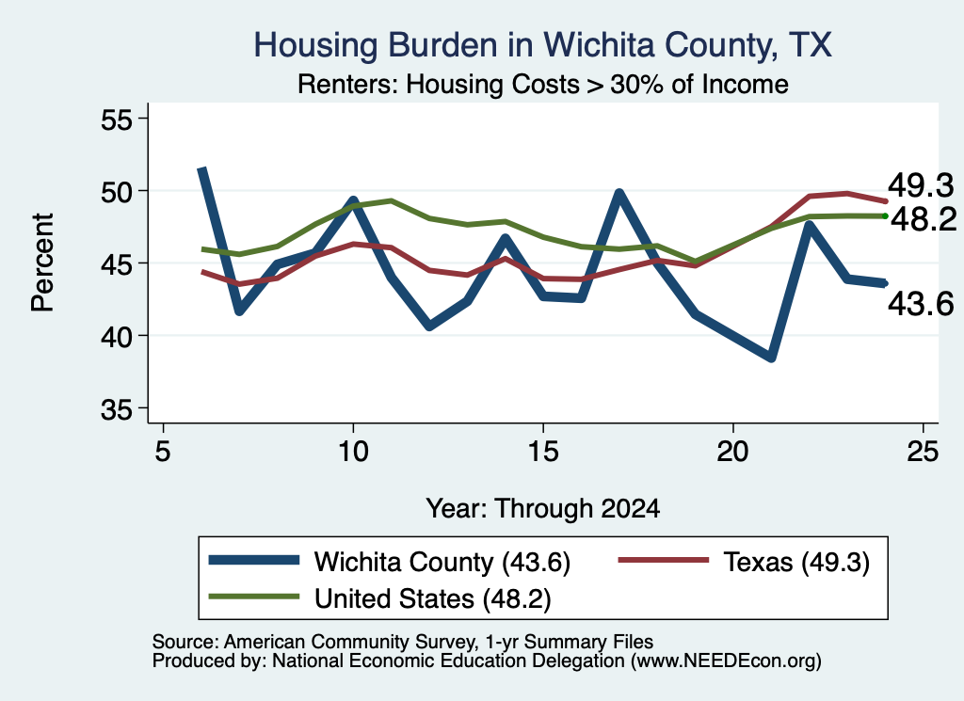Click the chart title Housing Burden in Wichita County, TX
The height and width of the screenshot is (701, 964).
[543, 45]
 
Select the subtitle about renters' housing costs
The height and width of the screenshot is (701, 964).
[543, 84]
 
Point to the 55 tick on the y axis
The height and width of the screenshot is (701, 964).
[117, 119]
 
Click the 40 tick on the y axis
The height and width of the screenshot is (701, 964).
[117, 337]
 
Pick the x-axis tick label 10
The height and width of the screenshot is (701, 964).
[353, 452]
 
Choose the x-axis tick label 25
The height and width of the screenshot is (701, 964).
[923, 452]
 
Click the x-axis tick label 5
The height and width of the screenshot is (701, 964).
[162, 452]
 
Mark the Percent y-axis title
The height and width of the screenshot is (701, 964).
[42, 263]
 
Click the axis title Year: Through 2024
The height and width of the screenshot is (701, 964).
[543, 509]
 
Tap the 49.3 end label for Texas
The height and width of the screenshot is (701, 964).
[921, 185]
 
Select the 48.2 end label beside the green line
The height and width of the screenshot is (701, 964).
[924, 219]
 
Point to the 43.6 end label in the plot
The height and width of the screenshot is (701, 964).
[921, 304]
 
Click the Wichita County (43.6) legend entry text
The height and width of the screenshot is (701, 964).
[442, 562]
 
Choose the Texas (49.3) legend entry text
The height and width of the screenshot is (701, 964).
[796, 562]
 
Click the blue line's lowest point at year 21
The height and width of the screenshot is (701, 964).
[772, 358]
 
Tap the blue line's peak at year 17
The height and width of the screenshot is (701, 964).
[619, 194]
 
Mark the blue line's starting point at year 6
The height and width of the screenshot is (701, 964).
[201, 168]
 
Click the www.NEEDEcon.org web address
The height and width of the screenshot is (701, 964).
[726, 661]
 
